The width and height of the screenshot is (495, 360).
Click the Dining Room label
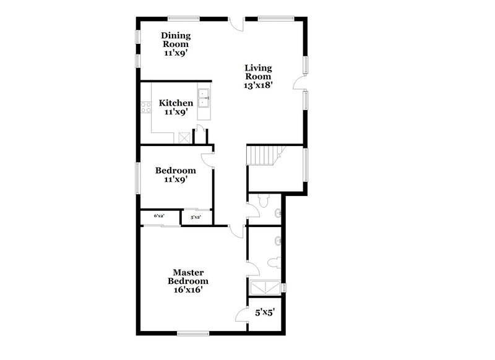pyautogui.click(x=175, y=40)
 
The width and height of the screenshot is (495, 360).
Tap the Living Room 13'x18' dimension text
pyautogui.click(x=259, y=86)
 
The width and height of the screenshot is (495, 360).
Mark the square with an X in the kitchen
pyautogui.click(x=183, y=138)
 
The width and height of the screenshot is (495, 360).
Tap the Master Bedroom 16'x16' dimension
pyautogui.click(x=189, y=289)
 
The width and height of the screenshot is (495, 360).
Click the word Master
pyautogui.click(x=189, y=272)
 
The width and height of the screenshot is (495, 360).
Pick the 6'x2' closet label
pyautogui.click(x=159, y=216)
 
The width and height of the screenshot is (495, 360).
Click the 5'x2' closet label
pyautogui.click(x=195, y=217)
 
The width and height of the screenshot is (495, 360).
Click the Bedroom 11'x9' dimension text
pyautogui.click(x=176, y=180)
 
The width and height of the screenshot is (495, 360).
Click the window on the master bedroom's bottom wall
pyautogui.click(x=193, y=333)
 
